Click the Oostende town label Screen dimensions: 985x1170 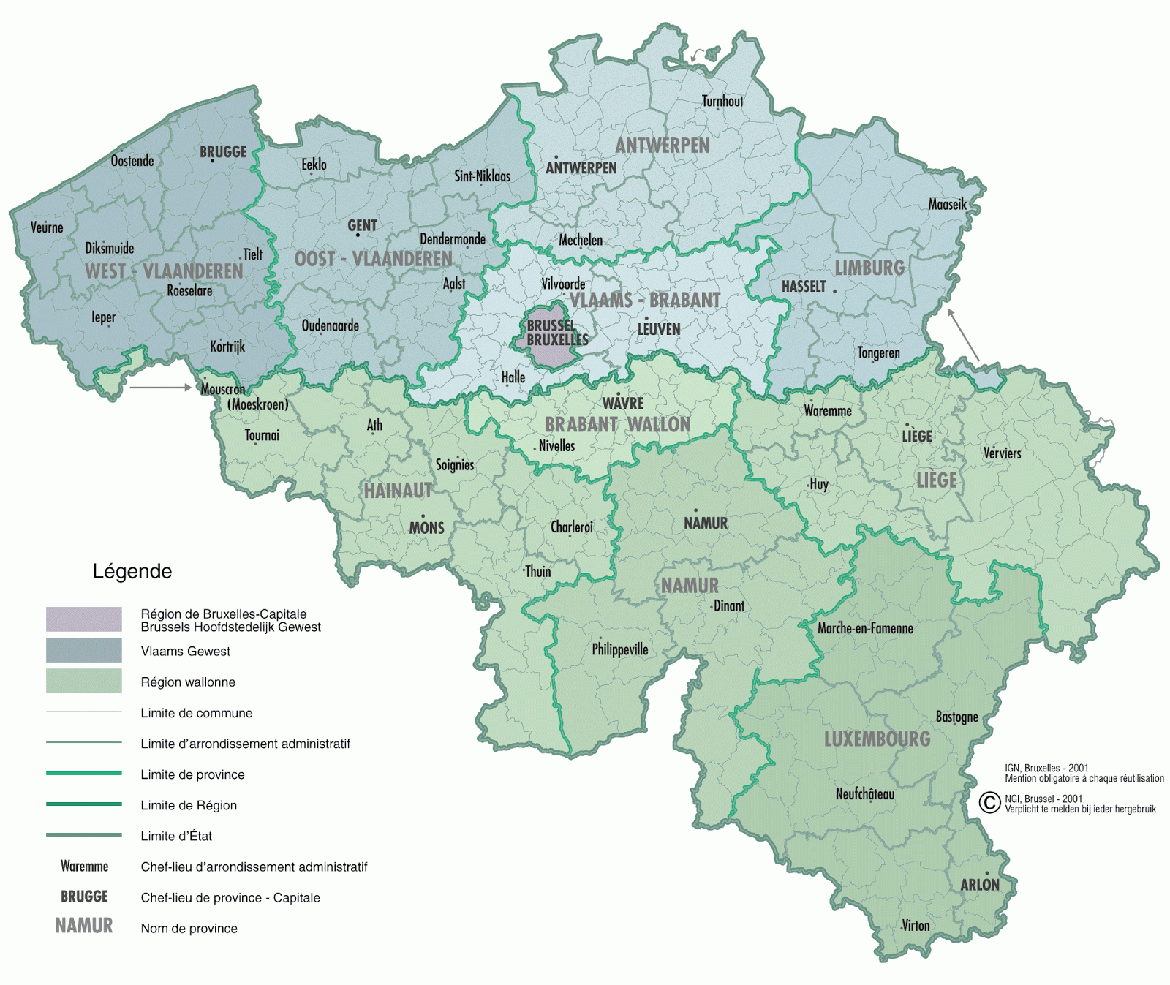pos(132,161)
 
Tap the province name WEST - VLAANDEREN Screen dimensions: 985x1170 pos(164,271)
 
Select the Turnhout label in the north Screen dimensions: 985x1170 pos(722,101)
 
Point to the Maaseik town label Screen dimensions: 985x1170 pos(947,204)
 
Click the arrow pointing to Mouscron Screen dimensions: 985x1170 pos(160,388)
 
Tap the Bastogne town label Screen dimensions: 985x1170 pos(956,717)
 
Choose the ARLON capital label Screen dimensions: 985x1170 pos(979,885)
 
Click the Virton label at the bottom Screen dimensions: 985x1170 pos(916,926)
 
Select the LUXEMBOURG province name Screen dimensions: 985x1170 pos(877,739)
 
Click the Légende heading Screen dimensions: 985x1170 pos(132,571)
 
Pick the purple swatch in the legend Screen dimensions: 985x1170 pos(84,619)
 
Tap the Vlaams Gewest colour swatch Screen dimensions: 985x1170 pos(84,650)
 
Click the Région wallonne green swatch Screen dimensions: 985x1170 pos(84,681)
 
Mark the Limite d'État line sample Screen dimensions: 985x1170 pos(84,835)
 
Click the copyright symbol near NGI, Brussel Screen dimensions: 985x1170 pos(989,803)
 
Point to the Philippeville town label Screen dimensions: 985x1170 pos(620,649)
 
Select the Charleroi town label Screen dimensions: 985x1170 pos(572,527)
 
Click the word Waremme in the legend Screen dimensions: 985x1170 pos(84,867)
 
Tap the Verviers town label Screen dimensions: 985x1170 pos(1002,453)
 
